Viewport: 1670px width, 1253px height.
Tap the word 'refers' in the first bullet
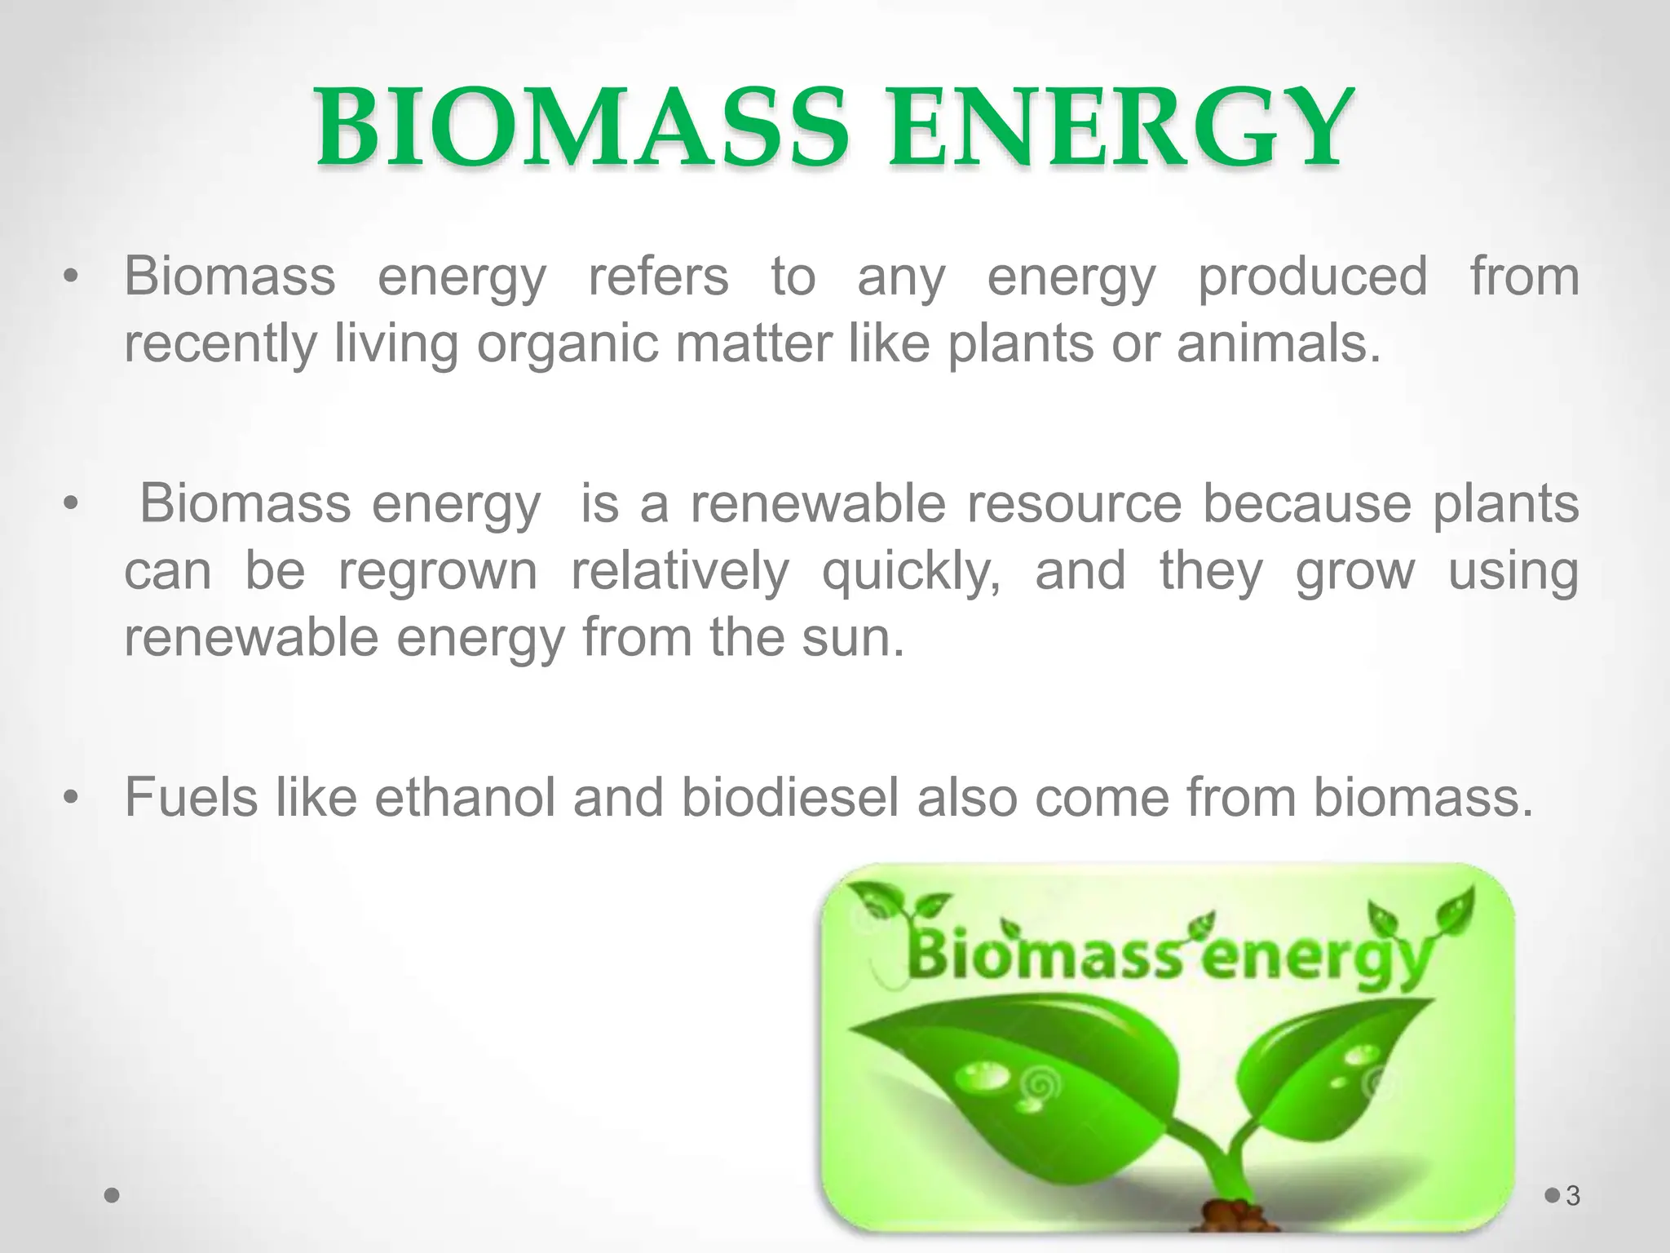[x=658, y=277]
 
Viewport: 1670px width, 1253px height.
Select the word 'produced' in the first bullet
[x=1312, y=277]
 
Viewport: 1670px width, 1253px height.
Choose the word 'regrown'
[x=438, y=572]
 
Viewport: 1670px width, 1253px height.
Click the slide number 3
[x=1573, y=1196]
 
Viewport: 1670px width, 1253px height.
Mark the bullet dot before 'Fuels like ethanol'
[x=72, y=797]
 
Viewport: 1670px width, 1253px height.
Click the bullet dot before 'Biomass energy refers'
[x=72, y=277]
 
